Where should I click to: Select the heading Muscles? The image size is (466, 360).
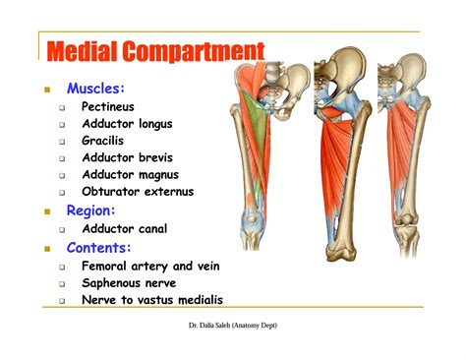95,89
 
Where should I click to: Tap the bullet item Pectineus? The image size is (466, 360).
108,106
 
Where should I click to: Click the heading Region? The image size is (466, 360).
91,210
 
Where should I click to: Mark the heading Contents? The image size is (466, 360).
99,247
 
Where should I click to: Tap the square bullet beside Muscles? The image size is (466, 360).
45,90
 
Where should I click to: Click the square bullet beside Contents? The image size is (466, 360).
45,248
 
